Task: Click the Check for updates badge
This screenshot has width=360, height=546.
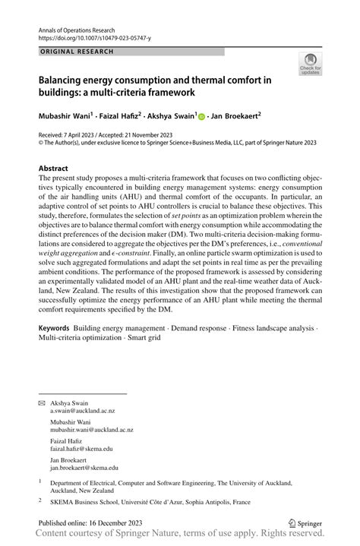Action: (x=310, y=64)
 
